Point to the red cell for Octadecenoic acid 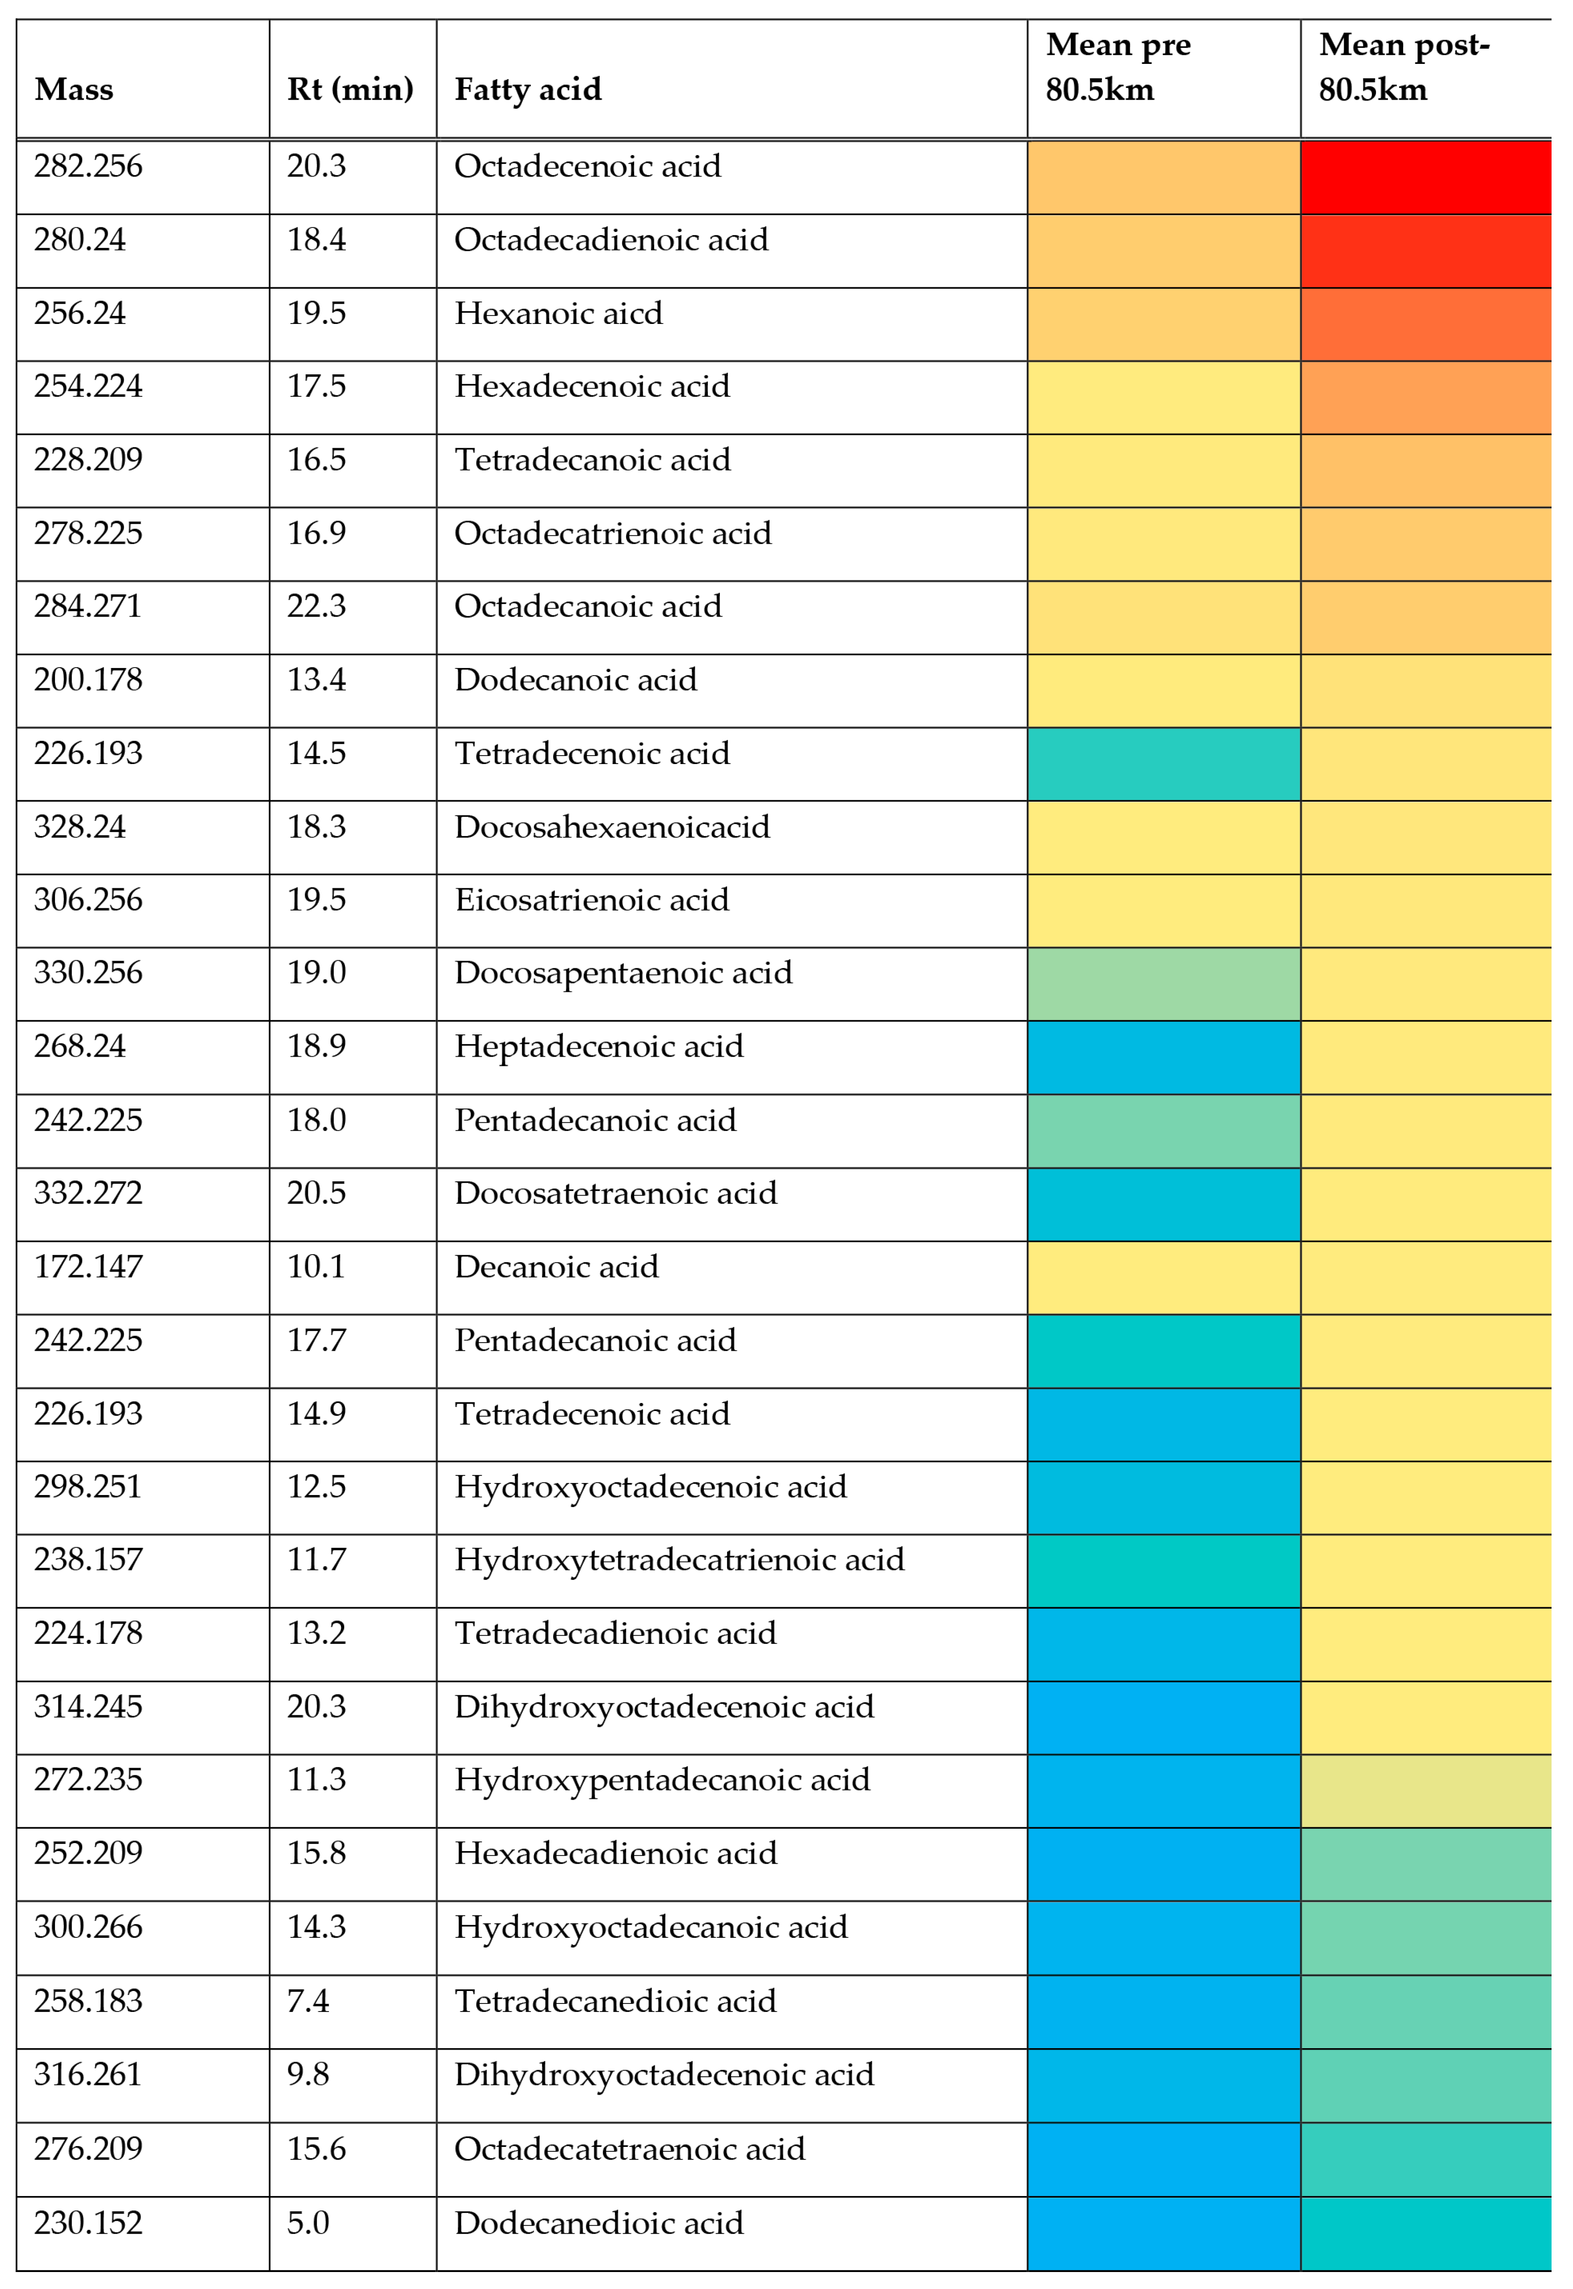[1425, 177]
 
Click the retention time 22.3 [316, 606]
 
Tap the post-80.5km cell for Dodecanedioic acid [1425, 2233]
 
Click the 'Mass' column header [74, 90]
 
